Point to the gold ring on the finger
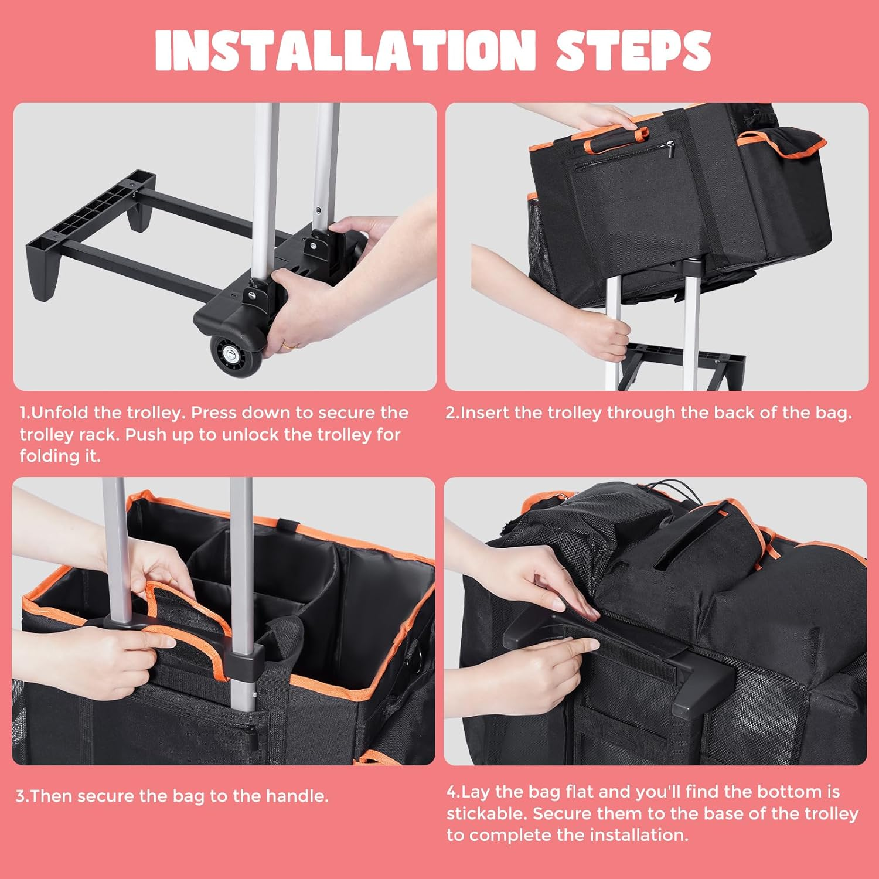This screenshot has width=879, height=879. tap(289, 346)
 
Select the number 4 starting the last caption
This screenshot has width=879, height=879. tap(452, 792)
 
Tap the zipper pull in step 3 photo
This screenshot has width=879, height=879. tap(251, 730)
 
